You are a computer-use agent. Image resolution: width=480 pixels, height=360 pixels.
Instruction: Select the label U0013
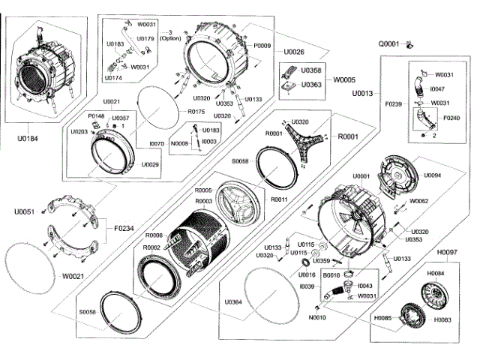click(362, 94)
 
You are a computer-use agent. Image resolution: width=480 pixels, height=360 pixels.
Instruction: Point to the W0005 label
click(345, 79)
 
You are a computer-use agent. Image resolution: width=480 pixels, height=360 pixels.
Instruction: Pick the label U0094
click(432, 175)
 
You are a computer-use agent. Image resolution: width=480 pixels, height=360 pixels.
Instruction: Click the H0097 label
click(448, 252)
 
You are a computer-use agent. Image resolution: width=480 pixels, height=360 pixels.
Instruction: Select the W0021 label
click(73, 276)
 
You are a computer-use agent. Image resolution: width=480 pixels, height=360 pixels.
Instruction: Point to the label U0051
click(25, 212)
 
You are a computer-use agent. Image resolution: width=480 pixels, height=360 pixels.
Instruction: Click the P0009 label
click(262, 46)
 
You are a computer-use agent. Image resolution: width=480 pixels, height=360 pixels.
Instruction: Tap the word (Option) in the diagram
click(171, 38)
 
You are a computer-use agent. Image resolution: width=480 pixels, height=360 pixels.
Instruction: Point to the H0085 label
click(383, 318)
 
